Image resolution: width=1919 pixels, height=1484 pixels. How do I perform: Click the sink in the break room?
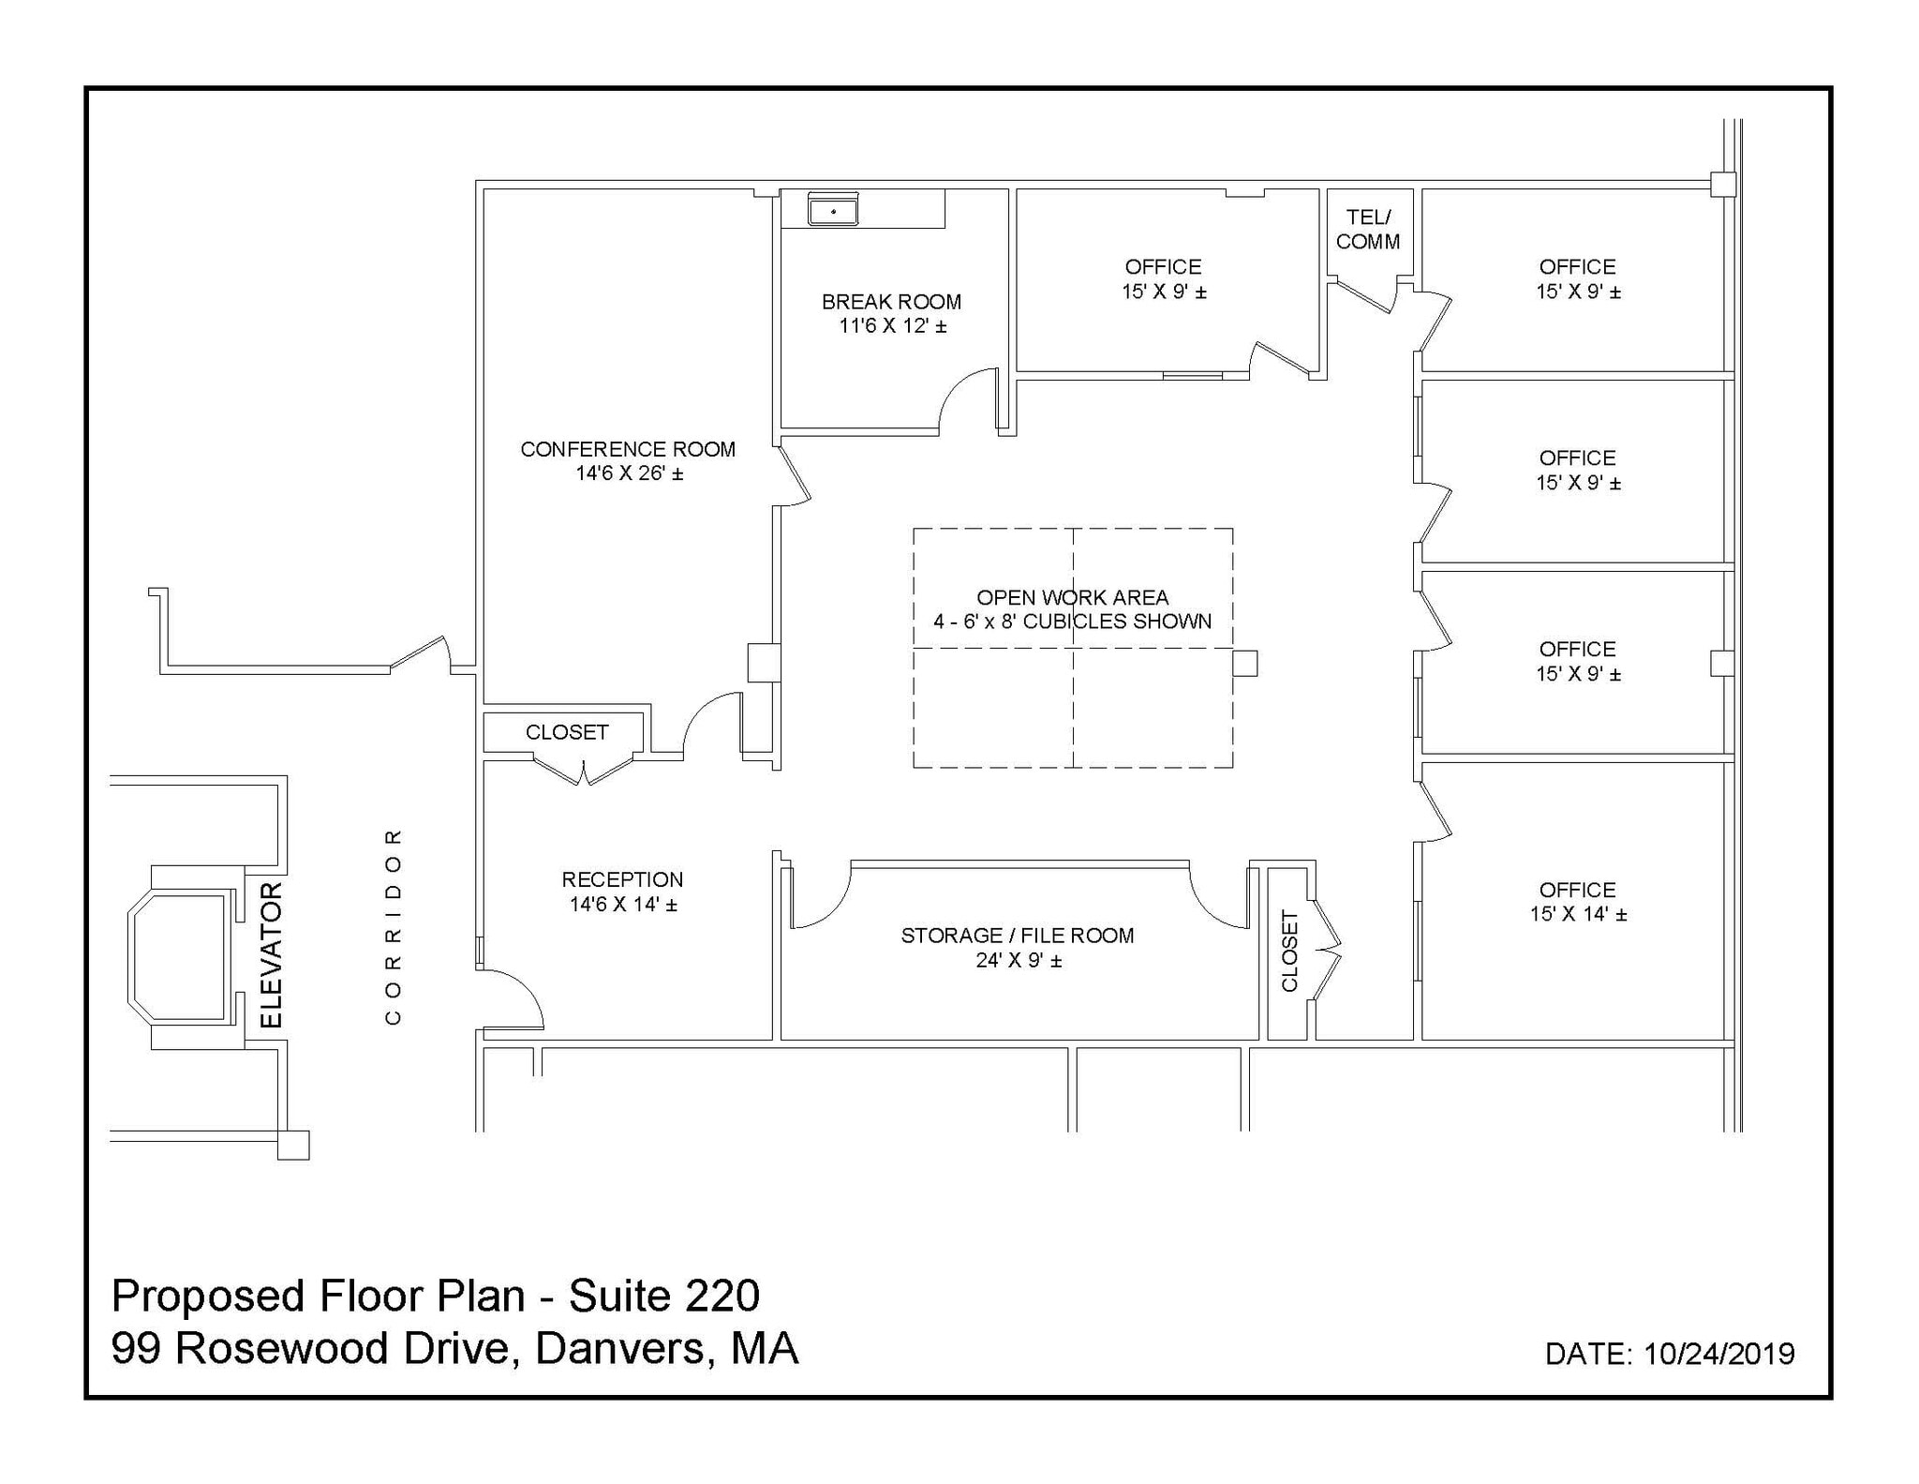point(833,211)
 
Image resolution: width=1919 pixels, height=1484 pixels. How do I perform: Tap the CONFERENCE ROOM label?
point(628,449)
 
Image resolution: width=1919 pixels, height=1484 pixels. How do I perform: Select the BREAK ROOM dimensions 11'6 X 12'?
point(892,326)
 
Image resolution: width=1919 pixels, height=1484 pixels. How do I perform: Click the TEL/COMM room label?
point(1368,230)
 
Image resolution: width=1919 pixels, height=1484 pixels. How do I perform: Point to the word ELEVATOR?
point(271,954)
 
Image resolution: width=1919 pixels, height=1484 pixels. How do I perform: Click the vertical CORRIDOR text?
point(394,926)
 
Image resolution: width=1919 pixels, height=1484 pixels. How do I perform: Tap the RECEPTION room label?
point(622,879)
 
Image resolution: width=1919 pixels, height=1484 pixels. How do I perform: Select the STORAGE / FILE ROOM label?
point(1018,936)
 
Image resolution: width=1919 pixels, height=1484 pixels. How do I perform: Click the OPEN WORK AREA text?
point(1072,597)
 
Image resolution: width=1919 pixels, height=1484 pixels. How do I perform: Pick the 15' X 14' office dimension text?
point(1578,914)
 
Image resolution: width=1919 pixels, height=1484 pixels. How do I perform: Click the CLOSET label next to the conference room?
point(567,732)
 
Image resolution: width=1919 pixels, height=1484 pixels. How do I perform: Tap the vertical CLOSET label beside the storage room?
point(1289,951)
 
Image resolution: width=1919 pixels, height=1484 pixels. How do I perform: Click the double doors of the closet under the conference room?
point(585,771)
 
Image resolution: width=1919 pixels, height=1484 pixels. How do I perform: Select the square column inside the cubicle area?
point(1244,663)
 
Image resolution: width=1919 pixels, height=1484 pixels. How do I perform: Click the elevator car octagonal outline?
point(179,955)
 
